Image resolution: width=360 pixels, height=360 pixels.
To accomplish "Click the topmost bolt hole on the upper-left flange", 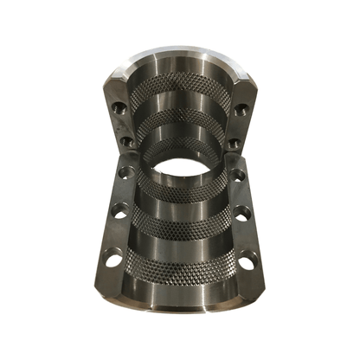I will (x=119, y=108).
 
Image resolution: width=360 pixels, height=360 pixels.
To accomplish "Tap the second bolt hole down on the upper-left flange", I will (x=125, y=140).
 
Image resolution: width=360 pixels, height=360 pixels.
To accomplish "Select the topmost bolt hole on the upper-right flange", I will (x=241, y=109).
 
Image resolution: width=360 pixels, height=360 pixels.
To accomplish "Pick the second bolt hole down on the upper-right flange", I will (x=234, y=142).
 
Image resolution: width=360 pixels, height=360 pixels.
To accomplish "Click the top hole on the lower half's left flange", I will (x=127, y=172).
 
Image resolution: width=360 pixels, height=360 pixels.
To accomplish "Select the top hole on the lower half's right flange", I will (x=239, y=174).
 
